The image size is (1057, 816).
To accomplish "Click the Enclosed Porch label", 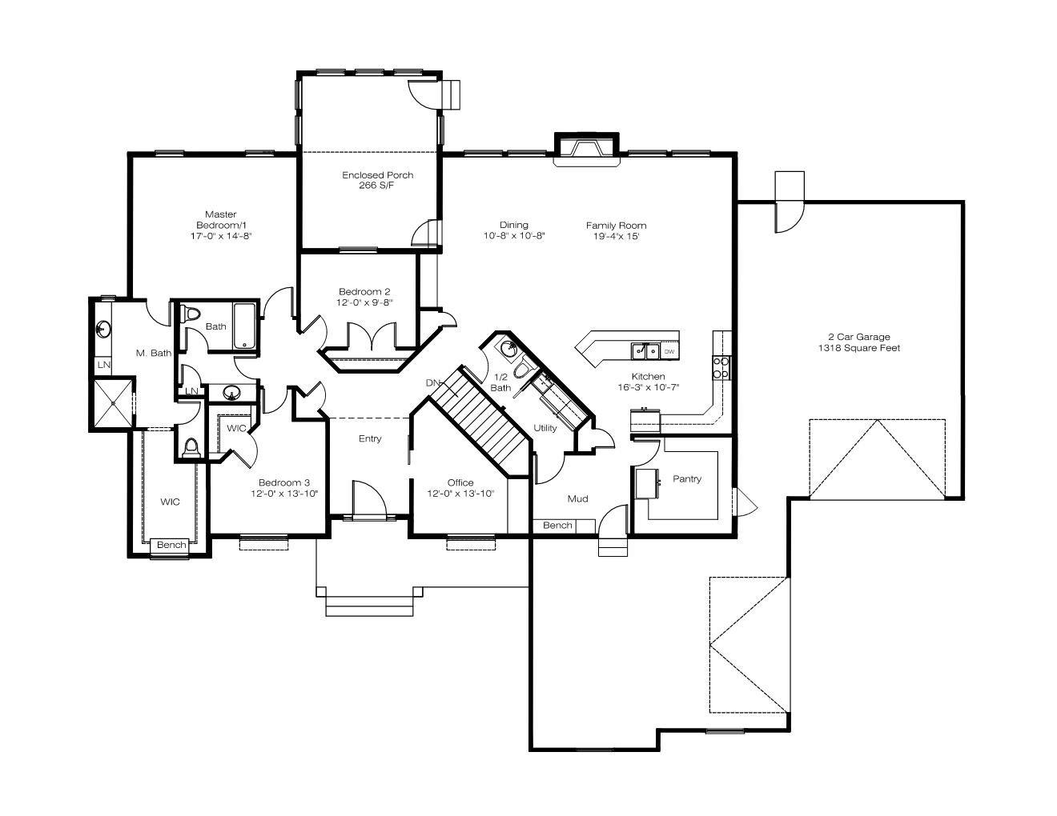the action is (x=377, y=175).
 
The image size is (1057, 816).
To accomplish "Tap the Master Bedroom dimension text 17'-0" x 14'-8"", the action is (x=221, y=236).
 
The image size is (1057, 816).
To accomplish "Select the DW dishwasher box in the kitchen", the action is (x=669, y=351).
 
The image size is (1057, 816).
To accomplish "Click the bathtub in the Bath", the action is (x=245, y=326).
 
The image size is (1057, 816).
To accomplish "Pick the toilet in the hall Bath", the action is (x=191, y=314).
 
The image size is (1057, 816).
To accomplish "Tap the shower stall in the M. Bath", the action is (x=113, y=403).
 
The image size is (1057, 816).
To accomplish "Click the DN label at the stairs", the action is (x=432, y=383).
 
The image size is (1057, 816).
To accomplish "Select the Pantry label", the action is (x=687, y=478).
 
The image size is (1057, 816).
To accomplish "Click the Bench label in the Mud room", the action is (x=557, y=526).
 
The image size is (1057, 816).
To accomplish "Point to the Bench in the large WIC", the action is (x=171, y=545).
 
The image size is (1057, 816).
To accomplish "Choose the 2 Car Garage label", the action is (x=859, y=337).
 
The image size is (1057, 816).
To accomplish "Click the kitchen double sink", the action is (x=646, y=351).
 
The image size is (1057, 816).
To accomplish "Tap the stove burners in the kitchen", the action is (x=721, y=367).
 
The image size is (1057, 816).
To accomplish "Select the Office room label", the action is (x=460, y=482).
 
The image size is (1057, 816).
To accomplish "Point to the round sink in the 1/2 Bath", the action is (x=508, y=349).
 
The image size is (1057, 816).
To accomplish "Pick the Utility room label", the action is (x=545, y=428).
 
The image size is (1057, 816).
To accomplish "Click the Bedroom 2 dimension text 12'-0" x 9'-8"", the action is (x=364, y=302).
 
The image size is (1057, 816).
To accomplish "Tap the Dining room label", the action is (x=513, y=225).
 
